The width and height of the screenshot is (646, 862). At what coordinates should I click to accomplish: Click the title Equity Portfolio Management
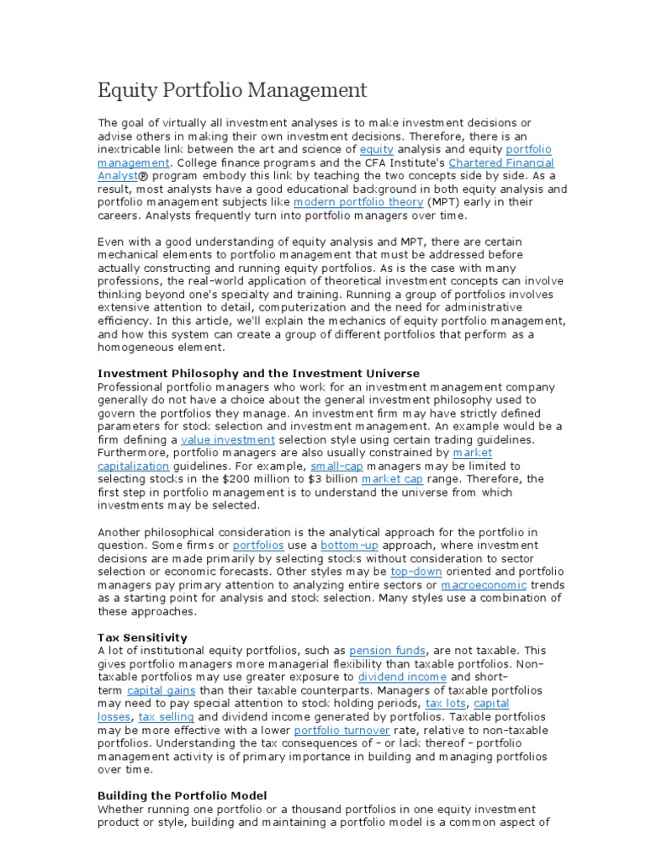click(x=232, y=89)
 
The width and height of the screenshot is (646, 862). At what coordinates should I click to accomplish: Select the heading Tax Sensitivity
click(x=142, y=637)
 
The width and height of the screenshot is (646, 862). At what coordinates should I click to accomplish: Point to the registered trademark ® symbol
click(x=143, y=176)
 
